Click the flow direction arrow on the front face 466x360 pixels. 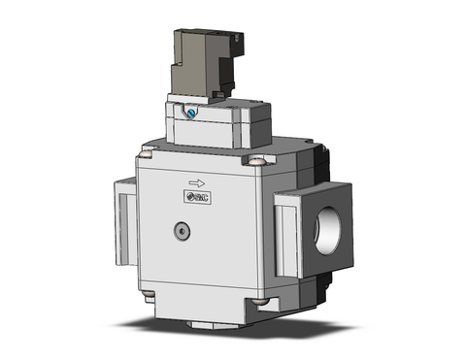197,181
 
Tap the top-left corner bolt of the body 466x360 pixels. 147,149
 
